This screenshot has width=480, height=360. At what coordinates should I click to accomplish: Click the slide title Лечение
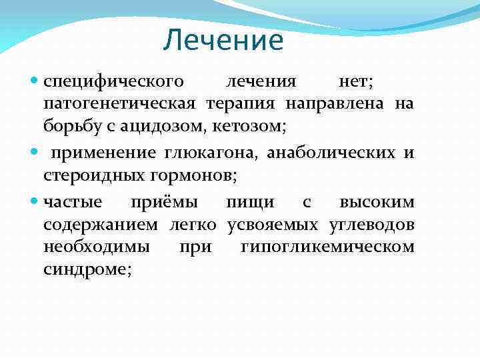click(x=223, y=41)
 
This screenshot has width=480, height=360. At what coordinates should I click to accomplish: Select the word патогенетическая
click(x=119, y=104)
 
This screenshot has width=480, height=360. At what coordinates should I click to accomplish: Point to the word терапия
click(x=243, y=104)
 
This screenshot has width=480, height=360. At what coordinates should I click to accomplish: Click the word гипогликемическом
click(x=327, y=247)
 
